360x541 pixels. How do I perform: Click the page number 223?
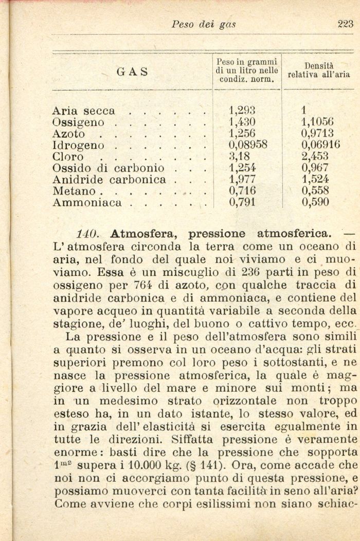tap(345, 23)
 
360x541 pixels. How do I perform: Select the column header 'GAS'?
tap(132, 72)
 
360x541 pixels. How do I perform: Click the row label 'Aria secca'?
tap(84, 111)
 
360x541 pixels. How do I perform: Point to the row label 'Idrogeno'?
tap(78, 146)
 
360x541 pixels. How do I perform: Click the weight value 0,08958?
tap(248, 145)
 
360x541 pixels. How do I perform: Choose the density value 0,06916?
tap(321, 145)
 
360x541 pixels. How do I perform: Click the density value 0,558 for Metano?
tap(315, 191)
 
